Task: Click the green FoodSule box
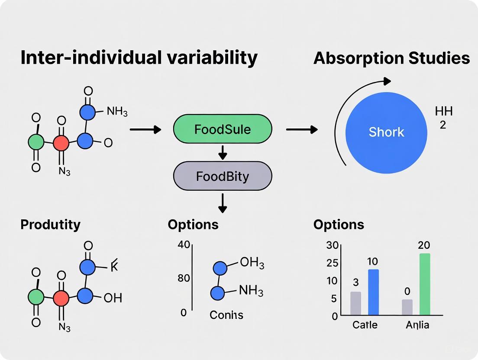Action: (223, 129)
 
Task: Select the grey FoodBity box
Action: (223, 176)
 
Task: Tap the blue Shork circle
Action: (386, 132)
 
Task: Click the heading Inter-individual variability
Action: (139, 58)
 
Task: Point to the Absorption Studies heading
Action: (391, 58)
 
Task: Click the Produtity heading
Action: (50, 225)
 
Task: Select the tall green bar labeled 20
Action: (425, 284)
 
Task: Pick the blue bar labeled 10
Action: (373, 292)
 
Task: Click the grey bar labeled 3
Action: (355, 303)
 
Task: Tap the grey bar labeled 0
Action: (407, 307)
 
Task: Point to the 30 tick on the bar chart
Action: (332, 245)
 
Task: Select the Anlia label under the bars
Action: (417, 325)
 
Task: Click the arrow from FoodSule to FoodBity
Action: (223, 152)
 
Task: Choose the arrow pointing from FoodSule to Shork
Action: (301, 129)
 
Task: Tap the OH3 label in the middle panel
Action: (252, 263)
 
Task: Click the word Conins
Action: (226, 315)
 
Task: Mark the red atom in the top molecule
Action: (61, 142)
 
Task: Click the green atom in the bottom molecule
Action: (36, 297)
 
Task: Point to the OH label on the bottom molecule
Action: (113, 298)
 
